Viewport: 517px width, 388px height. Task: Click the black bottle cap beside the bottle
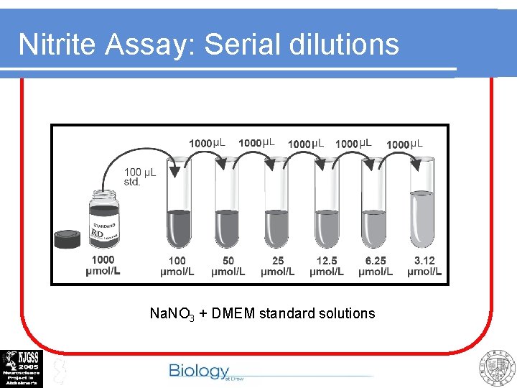pyautogui.click(x=67, y=239)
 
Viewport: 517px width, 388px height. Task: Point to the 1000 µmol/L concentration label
pyautogui.click(x=102, y=266)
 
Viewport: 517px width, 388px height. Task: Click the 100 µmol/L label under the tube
pyautogui.click(x=177, y=266)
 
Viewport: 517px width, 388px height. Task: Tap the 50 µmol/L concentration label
pyautogui.click(x=228, y=266)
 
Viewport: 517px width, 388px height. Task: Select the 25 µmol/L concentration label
pyautogui.click(x=277, y=266)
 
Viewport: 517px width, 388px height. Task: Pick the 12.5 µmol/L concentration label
pyautogui.click(x=327, y=266)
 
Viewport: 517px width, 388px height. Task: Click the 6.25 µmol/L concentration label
pyautogui.click(x=376, y=266)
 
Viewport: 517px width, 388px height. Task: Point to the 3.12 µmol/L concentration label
pyautogui.click(x=424, y=266)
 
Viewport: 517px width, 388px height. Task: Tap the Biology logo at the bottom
pyautogui.click(x=200, y=371)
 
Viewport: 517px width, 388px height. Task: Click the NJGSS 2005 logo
pyautogui.click(x=22, y=369)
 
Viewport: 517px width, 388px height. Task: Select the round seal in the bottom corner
pyautogui.click(x=497, y=369)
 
